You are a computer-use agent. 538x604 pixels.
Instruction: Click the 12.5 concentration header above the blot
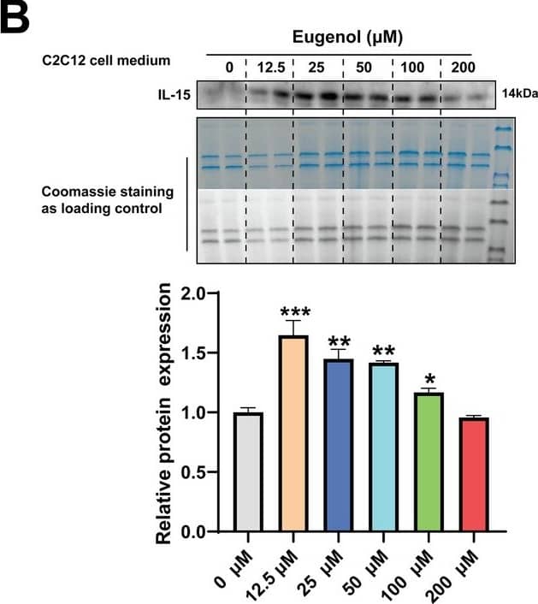[x=270, y=67]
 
